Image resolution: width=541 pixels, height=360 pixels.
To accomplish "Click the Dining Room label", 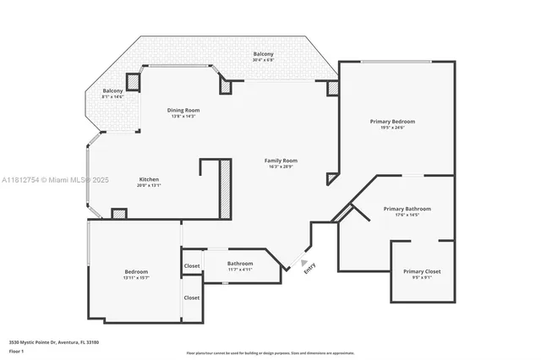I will pyautogui.click(x=183, y=110).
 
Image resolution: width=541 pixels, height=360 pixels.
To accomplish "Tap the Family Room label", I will pyautogui.click(x=281, y=161).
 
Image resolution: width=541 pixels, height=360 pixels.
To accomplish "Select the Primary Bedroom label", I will pyautogui.click(x=392, y=122).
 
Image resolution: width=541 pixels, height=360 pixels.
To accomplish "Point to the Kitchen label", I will pyautogui.click(x=149, y=179).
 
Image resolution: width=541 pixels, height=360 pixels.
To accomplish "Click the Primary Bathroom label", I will pyautogui.click(x=407, y=209).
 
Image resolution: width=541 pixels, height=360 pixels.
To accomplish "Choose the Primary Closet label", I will pyautogui.click(x=420, y=271).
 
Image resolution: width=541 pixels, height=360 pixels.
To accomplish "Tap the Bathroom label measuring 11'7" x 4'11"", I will pyautogui.click(x=240, y=264).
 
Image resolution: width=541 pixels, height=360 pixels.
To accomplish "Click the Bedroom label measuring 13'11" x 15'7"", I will pyautogui.click(x=136, y=271).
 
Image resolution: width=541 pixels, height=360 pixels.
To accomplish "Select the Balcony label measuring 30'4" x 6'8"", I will pyautogui.click(x=263, y=54).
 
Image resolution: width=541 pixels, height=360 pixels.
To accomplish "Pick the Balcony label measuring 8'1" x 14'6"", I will pyautogui.click(x=112, y=90).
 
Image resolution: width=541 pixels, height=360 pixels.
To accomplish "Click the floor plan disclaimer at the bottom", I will pyautogui.click(x=270, y=352).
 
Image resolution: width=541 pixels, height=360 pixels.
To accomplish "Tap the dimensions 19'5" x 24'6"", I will pyautogui.click(x=392, y=128).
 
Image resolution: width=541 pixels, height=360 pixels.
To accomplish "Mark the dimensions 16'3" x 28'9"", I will pyautogui.click(x=281, y=166).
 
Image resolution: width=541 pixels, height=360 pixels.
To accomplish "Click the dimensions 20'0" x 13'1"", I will pyautogui.click(x=149, y=185).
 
